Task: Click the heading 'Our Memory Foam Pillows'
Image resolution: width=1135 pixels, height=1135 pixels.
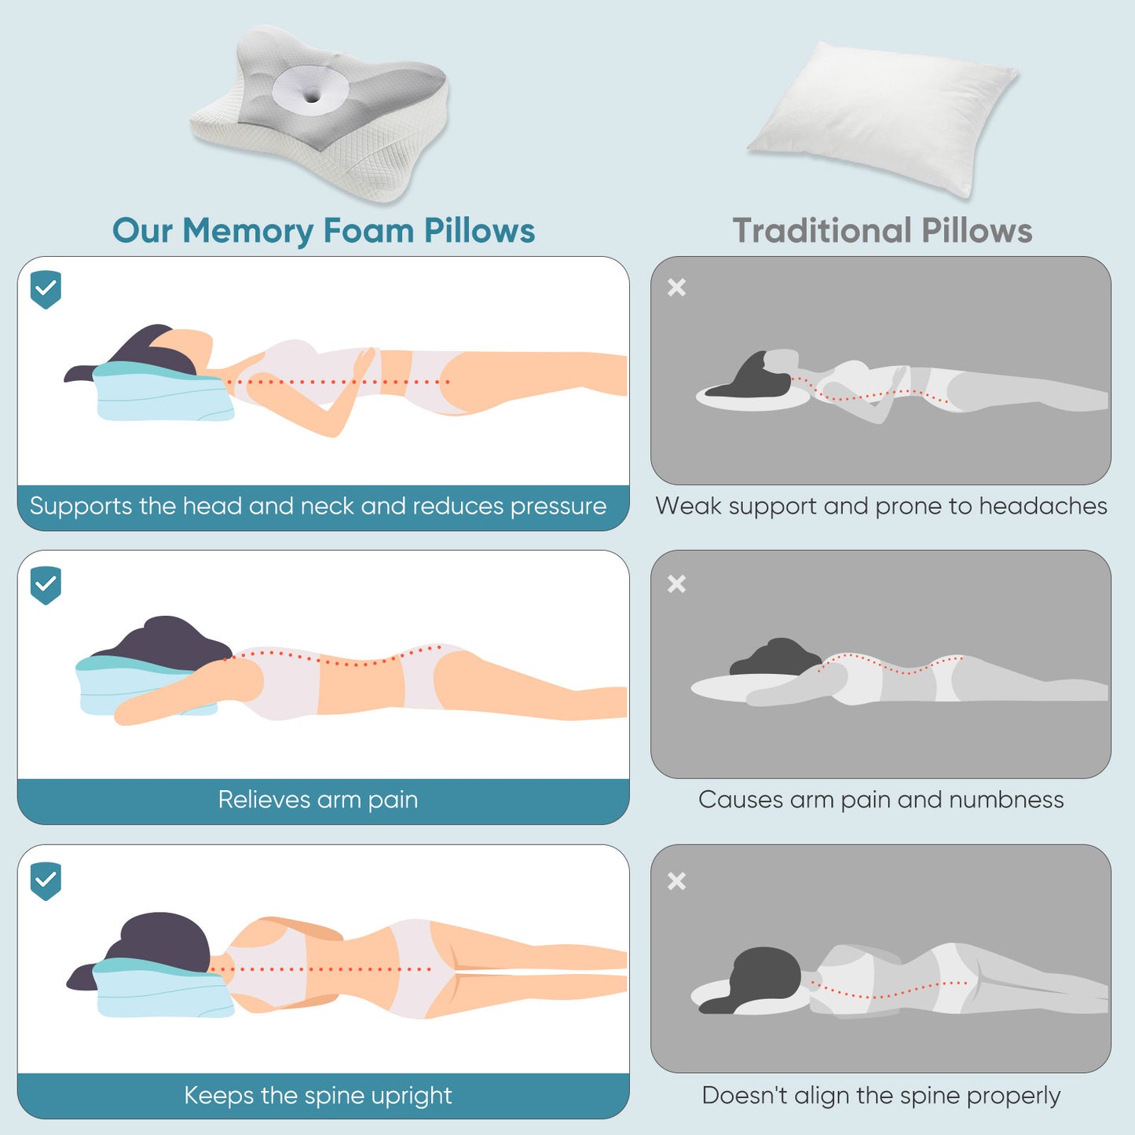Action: (323, 231)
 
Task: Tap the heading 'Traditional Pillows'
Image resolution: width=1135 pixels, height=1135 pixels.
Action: (882, 231)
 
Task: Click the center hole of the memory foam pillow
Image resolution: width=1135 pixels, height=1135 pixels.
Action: (312, 97)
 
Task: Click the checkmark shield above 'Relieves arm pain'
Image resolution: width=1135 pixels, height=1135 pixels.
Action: (46, 585)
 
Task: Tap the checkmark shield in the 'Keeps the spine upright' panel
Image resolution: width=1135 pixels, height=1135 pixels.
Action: (46, 881)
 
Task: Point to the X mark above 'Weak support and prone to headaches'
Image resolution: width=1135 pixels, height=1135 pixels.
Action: (676, 287)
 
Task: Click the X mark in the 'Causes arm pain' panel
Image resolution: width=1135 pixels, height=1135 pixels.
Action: (676, 584)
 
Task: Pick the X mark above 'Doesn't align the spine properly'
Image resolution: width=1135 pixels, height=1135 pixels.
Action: (676, 881)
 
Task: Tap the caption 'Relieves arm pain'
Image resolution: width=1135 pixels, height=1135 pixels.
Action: (318, 800)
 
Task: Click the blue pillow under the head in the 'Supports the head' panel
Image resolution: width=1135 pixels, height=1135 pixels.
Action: (161, 397)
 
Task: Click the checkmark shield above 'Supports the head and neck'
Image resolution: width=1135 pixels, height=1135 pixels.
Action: (46, 289)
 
